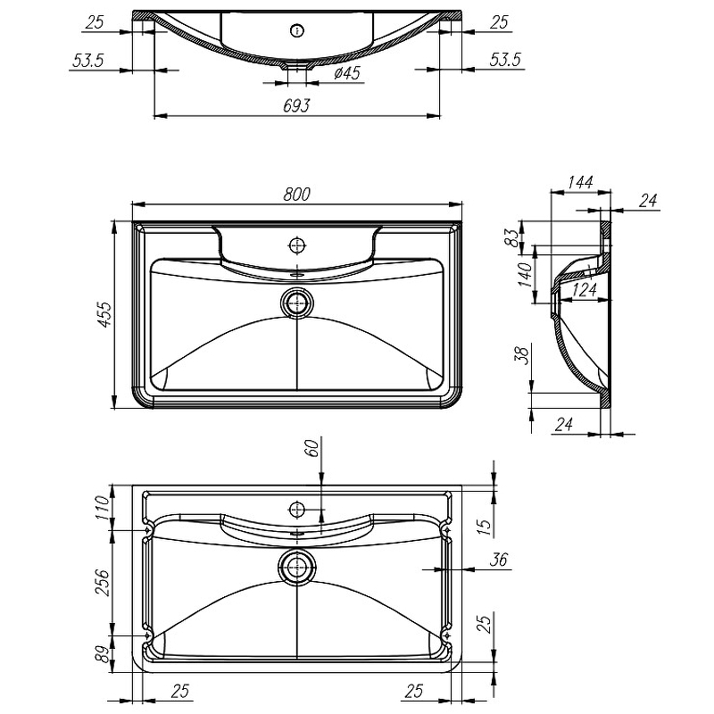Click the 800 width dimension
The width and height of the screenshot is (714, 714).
pos(297,192)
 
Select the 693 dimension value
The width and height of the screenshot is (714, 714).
pos(297,105)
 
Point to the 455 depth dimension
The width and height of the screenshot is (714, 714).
pos(104,315)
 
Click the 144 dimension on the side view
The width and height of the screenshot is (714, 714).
pos(580,183)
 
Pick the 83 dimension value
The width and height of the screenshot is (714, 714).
pos(510,237)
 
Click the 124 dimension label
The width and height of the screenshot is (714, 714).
pos(584,290)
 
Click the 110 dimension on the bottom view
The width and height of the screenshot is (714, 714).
pos(102,507)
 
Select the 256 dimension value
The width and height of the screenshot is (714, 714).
pos(102,582)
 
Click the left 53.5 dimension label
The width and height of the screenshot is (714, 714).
pos(87,61)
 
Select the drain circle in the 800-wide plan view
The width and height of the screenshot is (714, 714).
pos(297,303)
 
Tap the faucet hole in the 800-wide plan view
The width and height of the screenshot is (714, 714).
pos(297,244)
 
